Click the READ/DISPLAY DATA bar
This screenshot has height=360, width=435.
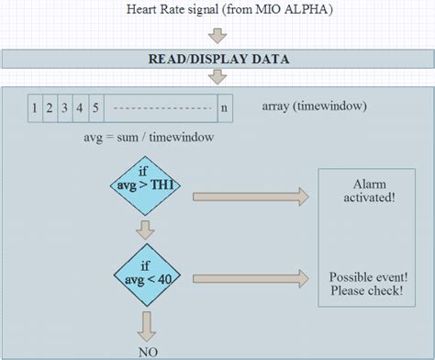[217, 60]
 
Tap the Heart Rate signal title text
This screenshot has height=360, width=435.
[217, 10]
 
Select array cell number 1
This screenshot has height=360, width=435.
[34, 108]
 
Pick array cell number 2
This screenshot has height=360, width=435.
[50, 108]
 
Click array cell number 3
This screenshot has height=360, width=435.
[65, 108]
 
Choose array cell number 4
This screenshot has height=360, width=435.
[81, 108]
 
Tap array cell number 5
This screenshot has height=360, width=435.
[96, 108]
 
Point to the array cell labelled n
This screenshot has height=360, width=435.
[225, 108]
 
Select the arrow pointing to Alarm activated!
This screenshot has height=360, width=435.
[248, 195]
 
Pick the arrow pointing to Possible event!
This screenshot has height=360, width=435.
[248, 276]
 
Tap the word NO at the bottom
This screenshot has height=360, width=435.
[145, 351]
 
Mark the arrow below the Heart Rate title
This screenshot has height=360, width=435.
[217, 36]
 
